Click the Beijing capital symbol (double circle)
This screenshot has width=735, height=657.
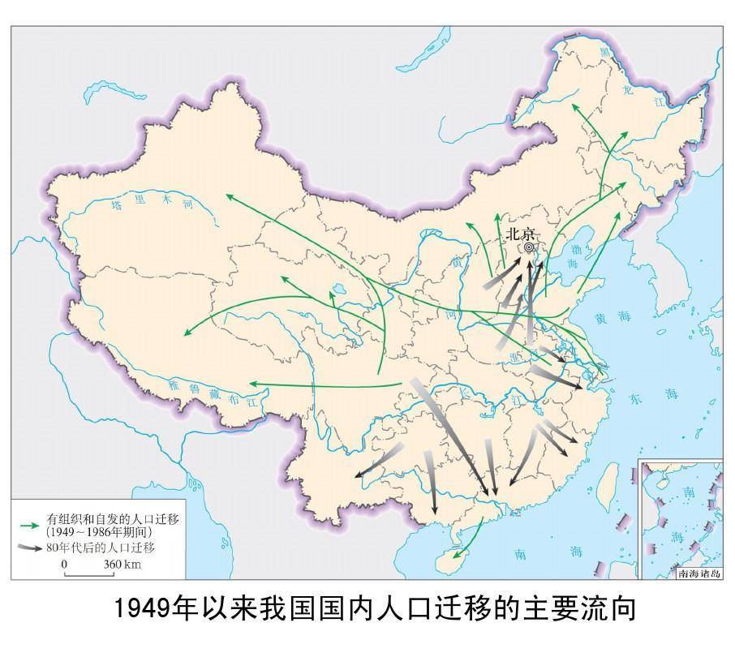click(x=529, y=247)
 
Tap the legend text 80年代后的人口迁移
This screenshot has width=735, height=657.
click(x=101, y=547)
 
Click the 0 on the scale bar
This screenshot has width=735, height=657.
click(x=64, y=565)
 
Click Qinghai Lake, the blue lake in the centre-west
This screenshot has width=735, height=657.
click(x=337, y=288)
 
